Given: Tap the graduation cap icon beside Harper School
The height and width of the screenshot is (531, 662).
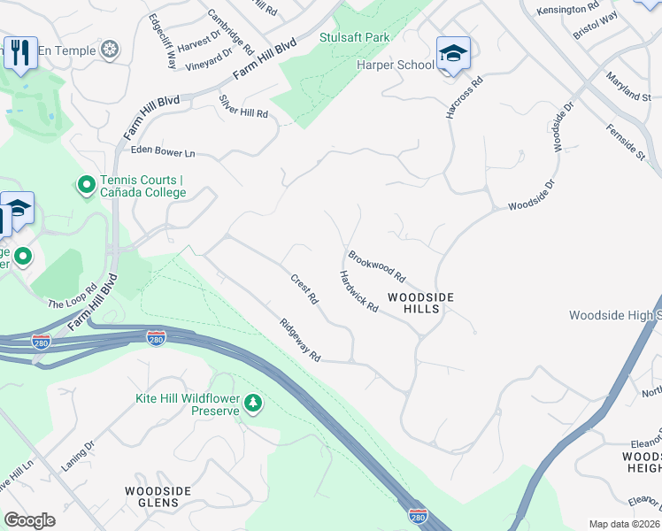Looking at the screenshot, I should click(x=453, y=54).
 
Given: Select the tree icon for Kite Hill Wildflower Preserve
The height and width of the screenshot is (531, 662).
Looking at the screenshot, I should click(x=254, y=404).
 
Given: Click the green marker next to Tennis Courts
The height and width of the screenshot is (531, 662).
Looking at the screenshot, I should click(x=87, y=185).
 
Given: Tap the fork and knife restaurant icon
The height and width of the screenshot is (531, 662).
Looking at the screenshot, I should click(x=19, y=51).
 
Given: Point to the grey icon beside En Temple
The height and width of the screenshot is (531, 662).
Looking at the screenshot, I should click(x=110, y=50).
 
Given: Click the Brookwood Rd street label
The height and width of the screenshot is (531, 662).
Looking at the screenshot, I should click(x=376, y=264).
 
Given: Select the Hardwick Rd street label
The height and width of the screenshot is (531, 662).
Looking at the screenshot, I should click(x=358, y=291).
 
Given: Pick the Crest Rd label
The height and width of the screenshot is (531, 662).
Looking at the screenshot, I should click(x=304, y=289).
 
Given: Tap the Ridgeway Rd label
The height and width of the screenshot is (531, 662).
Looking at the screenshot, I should click(x=299, y=340).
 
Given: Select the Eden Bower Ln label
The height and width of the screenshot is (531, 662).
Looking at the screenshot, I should click(x=162, y=153).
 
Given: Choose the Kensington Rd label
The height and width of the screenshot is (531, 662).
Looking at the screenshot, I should click(x=573, y=9).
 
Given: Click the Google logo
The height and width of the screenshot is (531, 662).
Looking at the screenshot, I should click(x=29, y=520).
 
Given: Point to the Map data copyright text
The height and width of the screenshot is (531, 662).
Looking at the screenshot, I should click(x=624, y=524).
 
